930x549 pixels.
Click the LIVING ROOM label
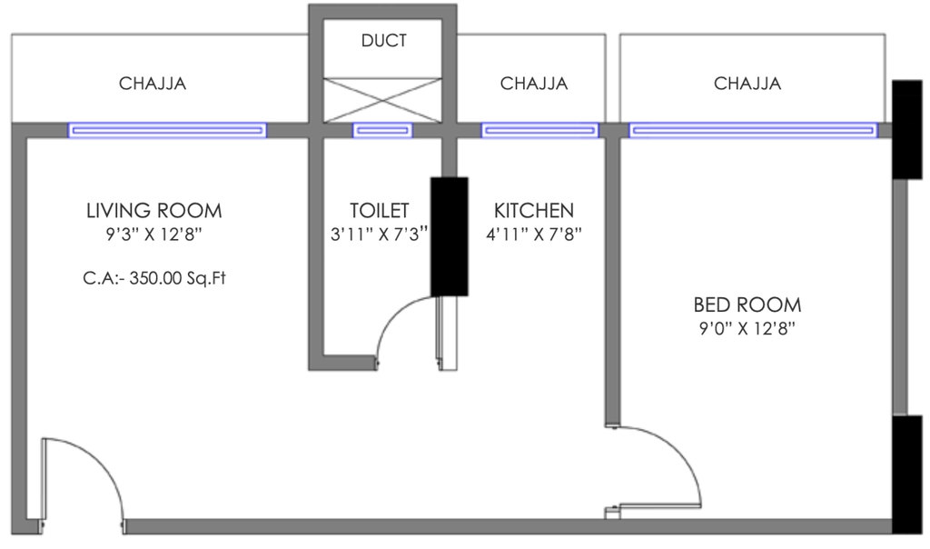coord(154,211)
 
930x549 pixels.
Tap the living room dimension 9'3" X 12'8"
coord(154,235)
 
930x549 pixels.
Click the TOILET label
coord(380,211)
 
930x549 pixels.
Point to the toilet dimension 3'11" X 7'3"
coord(379,235)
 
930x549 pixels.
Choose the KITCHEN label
coord(534,211)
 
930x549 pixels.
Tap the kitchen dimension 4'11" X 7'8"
coord(534,235)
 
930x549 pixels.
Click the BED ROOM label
coord(747,305)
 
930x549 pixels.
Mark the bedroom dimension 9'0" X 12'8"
coord(747,328)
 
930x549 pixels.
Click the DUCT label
coord(384,41)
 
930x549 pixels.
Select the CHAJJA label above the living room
coord(153,84)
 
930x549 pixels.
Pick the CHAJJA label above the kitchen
coord(534,84)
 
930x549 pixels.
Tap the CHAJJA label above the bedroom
coord(747,84)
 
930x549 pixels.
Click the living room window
coord(167,130)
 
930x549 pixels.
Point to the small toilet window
coord(382,130)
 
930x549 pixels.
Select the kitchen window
coord(539,130)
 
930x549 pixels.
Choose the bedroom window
coord(753,130)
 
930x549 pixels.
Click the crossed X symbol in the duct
coord(382,100)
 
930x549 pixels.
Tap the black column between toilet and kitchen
coord(449,236)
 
